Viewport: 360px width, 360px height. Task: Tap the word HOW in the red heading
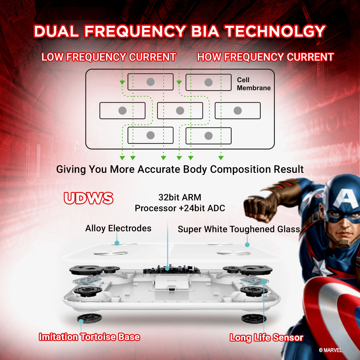click(209, 57)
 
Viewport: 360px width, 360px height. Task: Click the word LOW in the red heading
click(52, 57)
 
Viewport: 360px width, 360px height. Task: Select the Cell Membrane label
click(254, 84)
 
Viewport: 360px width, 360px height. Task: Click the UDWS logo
click(88, 198)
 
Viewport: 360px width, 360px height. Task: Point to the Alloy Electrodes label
click(118, 228)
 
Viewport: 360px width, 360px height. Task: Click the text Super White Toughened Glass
click(239, 229)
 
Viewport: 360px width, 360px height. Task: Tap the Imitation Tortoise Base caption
click(89, 337)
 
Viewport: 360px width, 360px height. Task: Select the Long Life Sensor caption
click(266, 337)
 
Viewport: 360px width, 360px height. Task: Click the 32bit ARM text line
click(180, 197)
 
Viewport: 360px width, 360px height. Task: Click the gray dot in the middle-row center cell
click(180, 111)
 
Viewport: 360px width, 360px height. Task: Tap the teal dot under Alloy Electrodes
click(117, 243)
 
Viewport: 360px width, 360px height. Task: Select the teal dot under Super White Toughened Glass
click(247, 244)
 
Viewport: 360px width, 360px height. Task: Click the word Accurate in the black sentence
click(159, 169)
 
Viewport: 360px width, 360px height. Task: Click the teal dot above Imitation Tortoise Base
click(81, 321)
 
